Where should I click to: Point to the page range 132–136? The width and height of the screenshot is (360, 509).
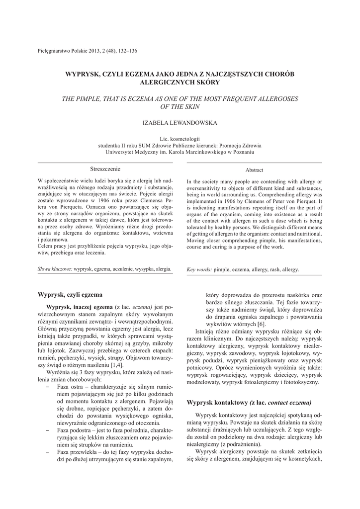click(x=126, y=51)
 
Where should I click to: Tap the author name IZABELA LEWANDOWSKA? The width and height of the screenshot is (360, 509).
click(x=180, y=122)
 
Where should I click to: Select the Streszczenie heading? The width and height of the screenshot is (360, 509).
click(x=105, y=169)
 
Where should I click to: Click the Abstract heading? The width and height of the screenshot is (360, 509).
click(x=254, y=170)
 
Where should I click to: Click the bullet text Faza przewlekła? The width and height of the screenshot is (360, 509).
click(x=79, y=452)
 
